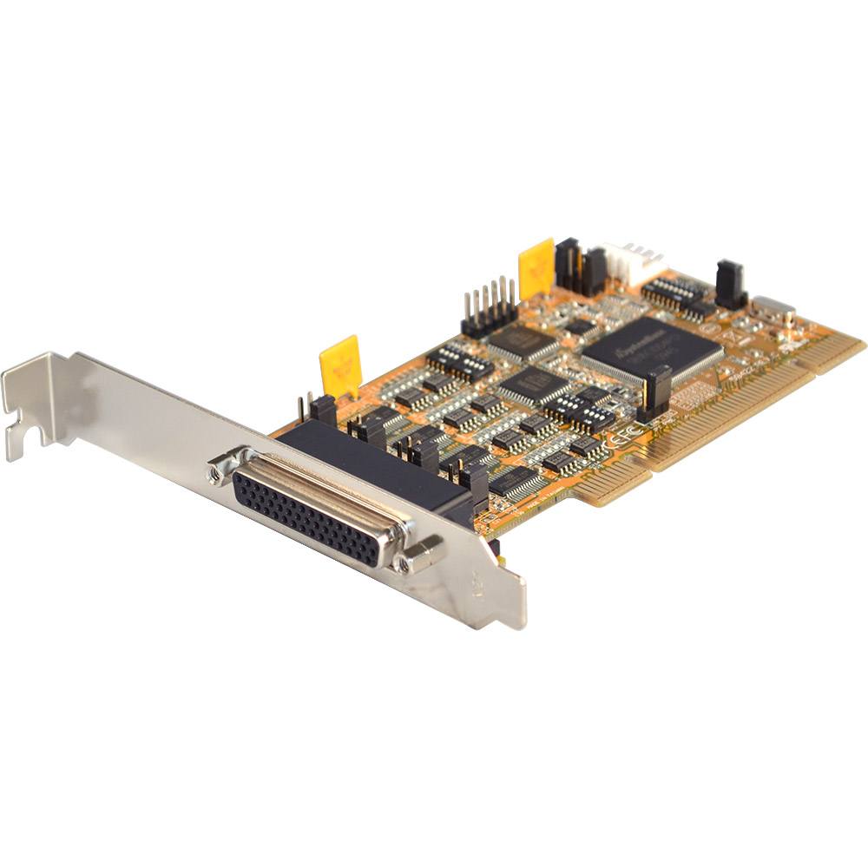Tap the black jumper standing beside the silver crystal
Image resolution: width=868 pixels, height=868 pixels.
click(x=729, y=284)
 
